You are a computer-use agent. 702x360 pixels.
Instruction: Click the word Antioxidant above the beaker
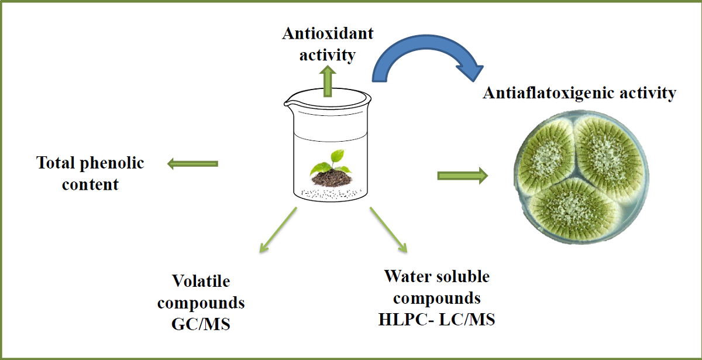328,33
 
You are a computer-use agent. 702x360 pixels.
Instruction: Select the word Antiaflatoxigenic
545,93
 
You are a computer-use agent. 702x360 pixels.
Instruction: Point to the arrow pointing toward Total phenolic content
192,163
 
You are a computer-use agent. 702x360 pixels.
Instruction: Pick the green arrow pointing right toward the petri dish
462,175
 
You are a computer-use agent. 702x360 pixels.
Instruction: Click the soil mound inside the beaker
330,176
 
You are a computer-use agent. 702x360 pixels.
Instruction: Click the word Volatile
201,282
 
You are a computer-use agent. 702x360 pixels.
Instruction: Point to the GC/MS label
201,324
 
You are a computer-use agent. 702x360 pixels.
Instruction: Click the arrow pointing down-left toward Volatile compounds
278,232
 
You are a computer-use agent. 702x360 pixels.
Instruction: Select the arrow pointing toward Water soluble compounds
388,230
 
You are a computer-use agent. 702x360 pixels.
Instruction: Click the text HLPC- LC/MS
437,320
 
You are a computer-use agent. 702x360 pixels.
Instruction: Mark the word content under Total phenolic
90,184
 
